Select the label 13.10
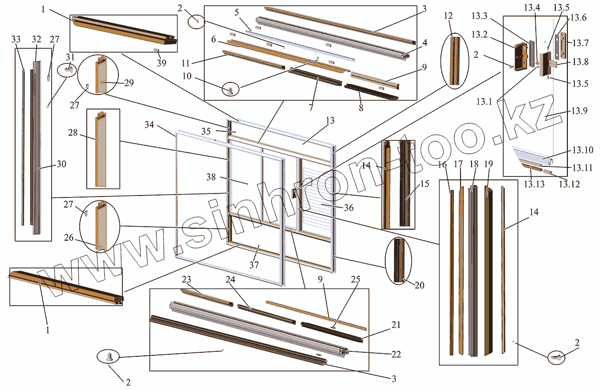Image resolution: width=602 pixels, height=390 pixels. [x=582, y=150]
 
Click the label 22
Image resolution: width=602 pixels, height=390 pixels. [x=396, y=354]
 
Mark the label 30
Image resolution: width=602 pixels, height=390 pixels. [x=61, y=164]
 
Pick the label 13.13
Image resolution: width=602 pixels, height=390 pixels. [x=534, y=184]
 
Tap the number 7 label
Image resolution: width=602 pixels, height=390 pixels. [x=311, y=108]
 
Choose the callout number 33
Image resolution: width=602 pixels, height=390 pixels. [x=16, y=39]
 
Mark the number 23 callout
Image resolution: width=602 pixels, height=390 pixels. [x=187, y=280]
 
